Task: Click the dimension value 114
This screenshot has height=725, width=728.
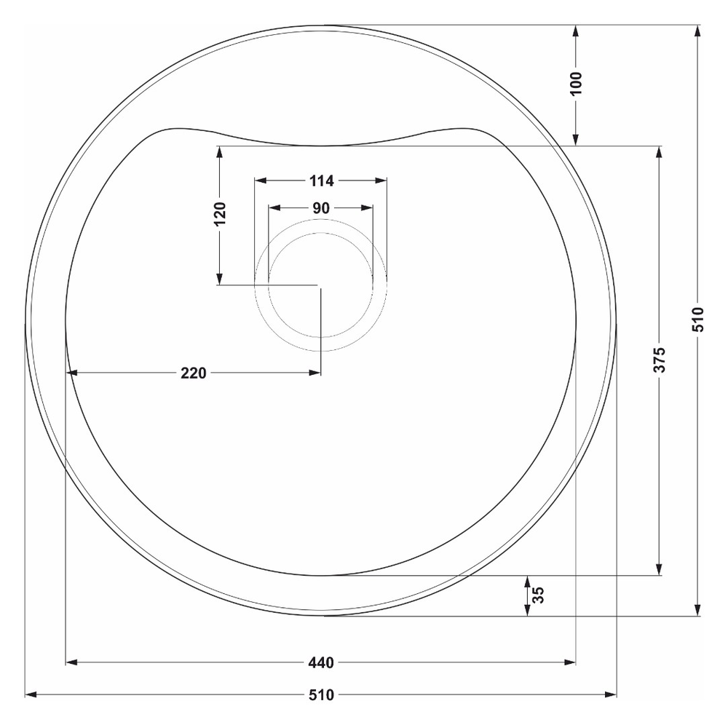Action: (x=321, y=181)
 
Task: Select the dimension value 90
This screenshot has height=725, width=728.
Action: (x=321, y=208)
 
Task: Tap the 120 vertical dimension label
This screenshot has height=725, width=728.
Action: (x=220, y=213)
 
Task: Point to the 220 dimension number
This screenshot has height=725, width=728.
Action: (x=193, y=373)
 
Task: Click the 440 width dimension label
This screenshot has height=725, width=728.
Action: (x=321, y=662)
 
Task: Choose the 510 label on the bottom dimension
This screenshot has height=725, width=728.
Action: (x=321, y=695)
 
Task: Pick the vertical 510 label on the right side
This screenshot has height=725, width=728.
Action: (x=698, y=320)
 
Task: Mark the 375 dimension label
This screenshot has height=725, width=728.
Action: (x=660, y=360)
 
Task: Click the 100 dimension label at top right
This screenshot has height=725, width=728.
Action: (x=576, y=84)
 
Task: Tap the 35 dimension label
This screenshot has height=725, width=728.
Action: (x=538, y=595)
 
